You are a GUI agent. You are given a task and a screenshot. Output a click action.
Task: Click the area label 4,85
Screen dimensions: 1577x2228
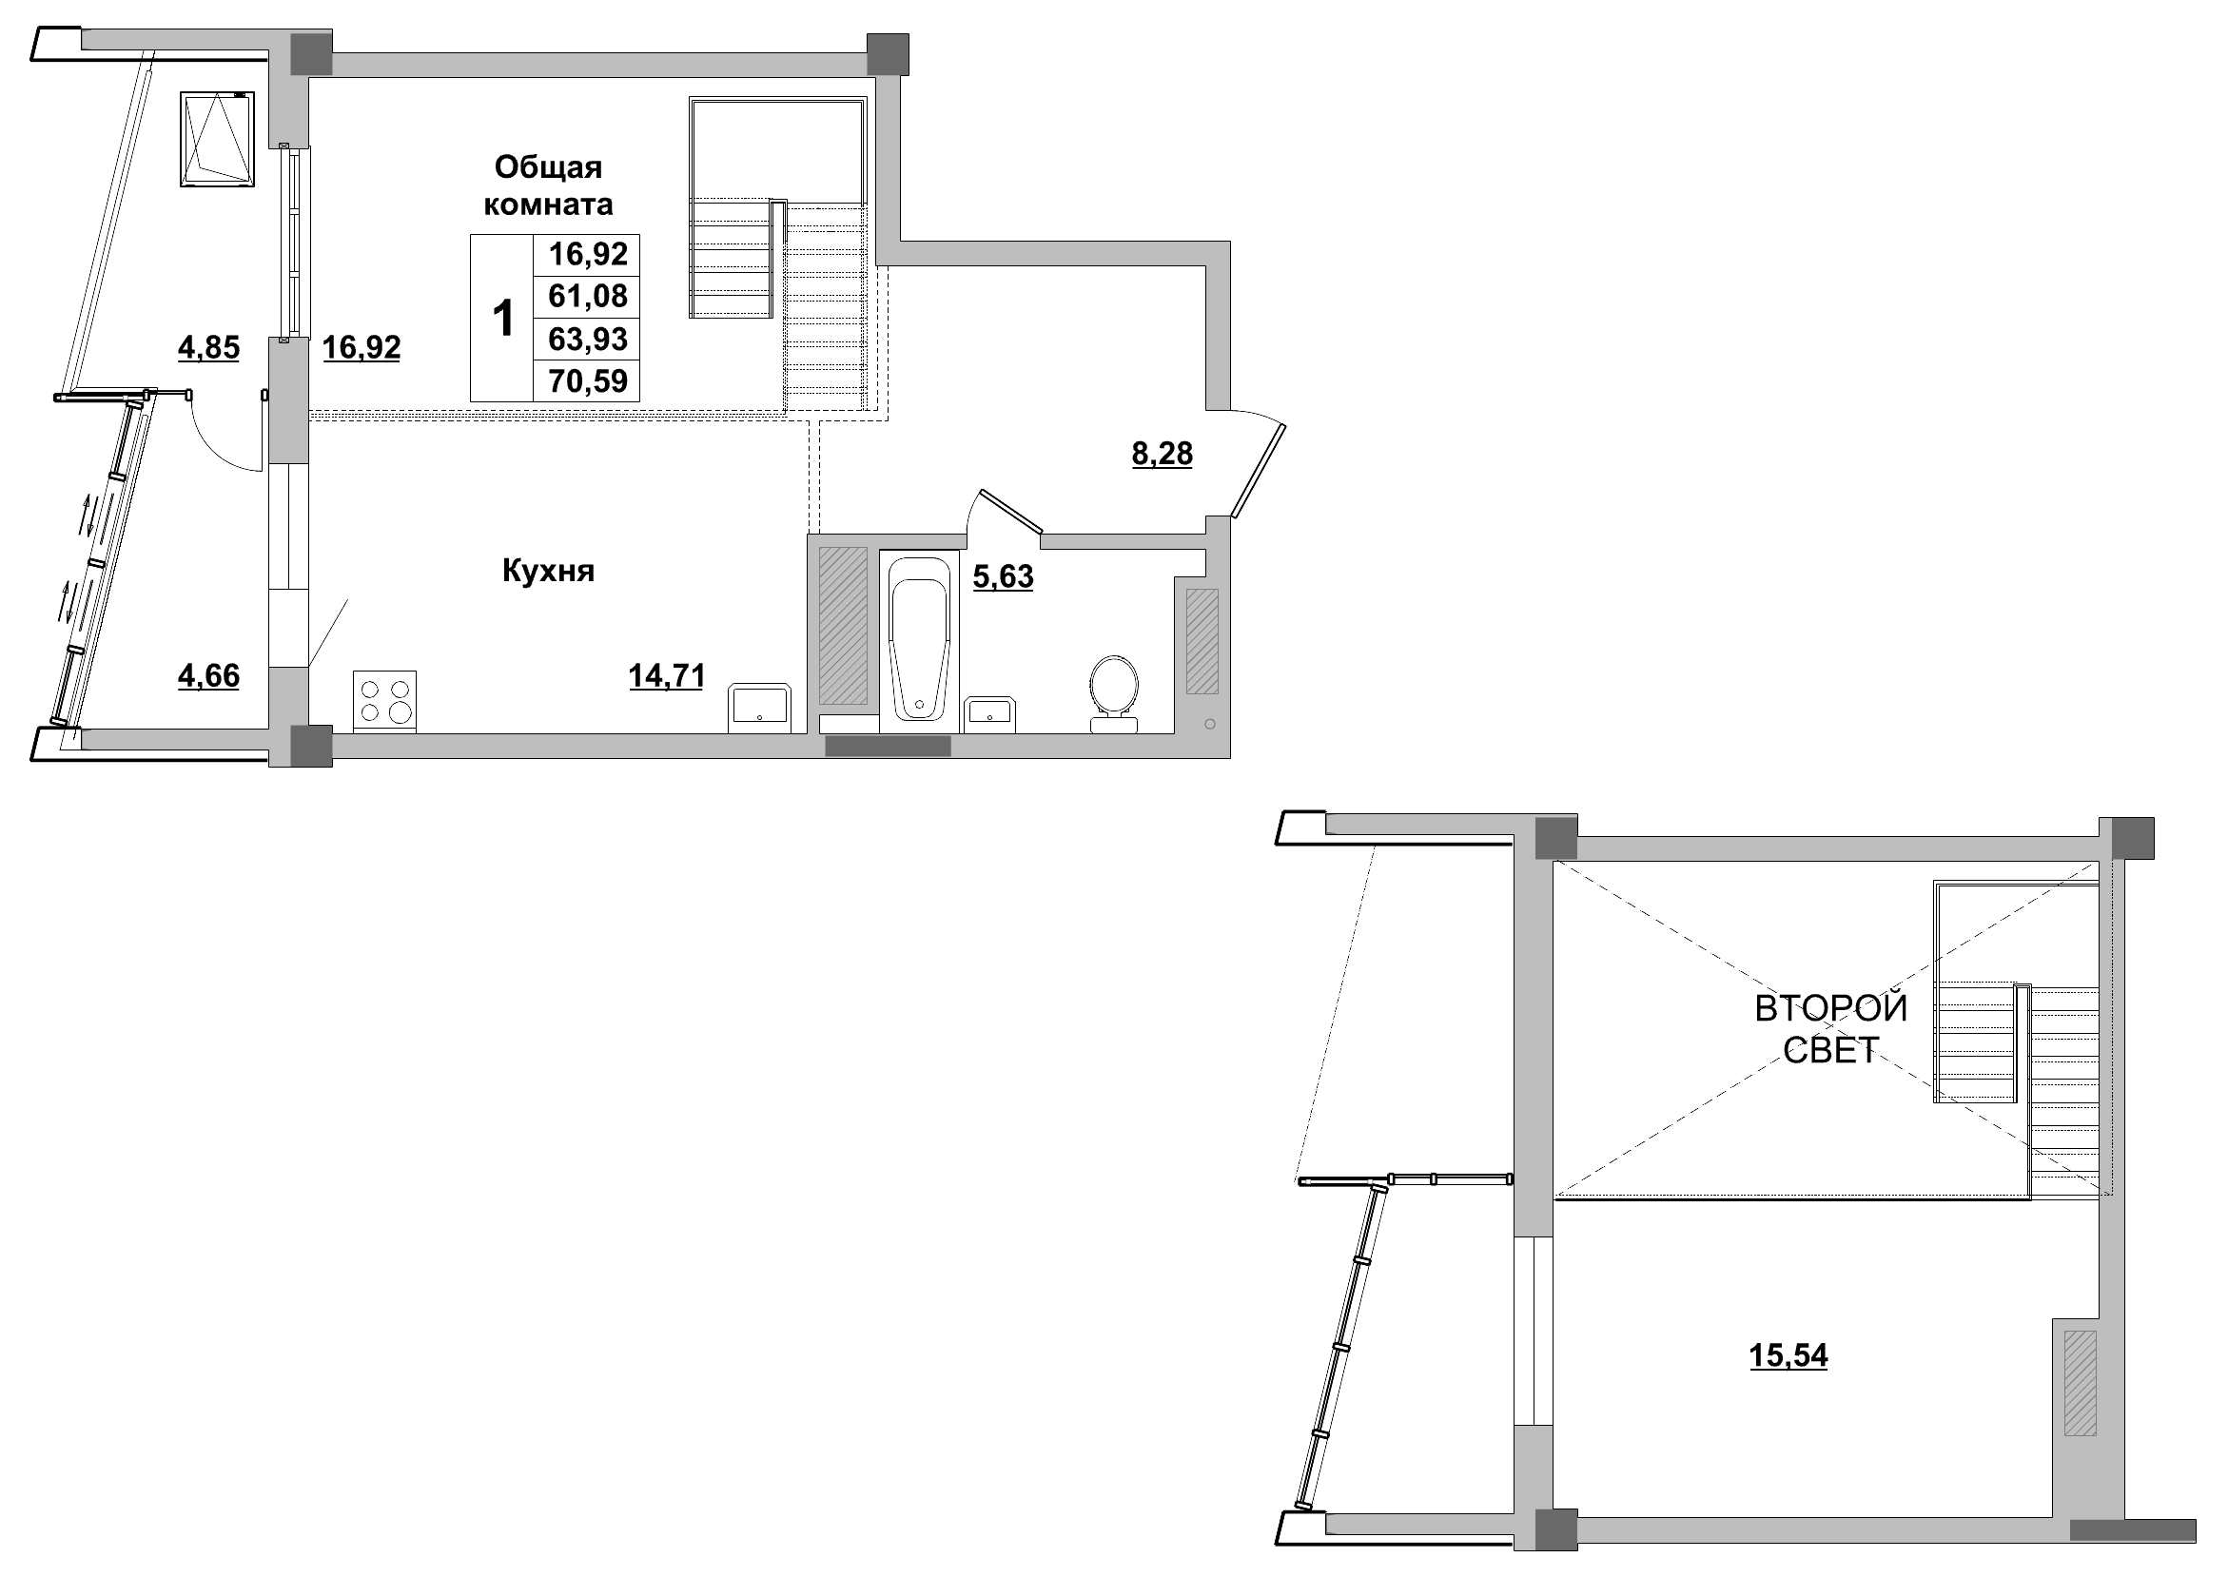tap(207, 346)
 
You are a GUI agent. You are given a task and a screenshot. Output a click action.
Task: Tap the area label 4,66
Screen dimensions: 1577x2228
tap(207, 675)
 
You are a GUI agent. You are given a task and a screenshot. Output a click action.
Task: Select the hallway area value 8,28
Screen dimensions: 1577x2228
tap(1162, 454)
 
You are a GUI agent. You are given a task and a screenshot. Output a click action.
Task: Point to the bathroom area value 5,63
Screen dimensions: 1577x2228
tap(1003, 576)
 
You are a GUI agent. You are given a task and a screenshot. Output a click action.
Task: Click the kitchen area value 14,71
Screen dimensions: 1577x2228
tap(666, 675)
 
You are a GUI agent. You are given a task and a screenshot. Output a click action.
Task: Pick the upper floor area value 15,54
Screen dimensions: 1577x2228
tap(1788, 1354)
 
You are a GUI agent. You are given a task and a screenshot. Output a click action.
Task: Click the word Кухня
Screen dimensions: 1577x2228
tap(548, 571)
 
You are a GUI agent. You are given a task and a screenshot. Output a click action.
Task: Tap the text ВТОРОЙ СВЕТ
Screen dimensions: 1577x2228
tap(1830, 1028)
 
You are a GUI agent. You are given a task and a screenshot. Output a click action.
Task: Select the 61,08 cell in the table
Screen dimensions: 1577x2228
tap(588, 296)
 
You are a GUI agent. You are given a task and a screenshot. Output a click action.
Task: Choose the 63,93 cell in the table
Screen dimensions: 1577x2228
tap(588, 339)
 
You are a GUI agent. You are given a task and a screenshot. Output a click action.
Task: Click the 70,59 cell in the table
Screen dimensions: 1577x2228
tap(588, 380)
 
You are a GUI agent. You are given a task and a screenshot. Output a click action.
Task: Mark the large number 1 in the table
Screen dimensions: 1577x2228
tap(503, 319)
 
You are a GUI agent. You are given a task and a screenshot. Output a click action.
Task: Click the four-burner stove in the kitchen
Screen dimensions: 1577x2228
tap(384, 701)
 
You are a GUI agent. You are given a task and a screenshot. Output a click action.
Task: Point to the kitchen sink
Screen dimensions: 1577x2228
tap(759, 707)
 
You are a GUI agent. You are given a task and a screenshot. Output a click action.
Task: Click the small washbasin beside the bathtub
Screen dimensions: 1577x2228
tap(989, 713)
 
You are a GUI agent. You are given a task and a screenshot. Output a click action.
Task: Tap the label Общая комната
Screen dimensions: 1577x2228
tap(548, 185)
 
